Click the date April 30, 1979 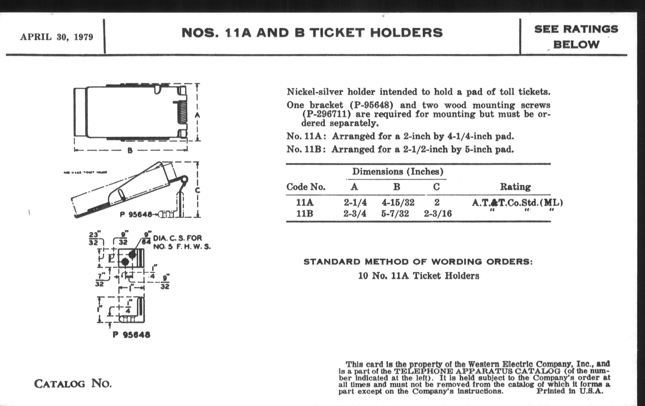coord(56,37)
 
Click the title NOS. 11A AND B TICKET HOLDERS coord(312,33)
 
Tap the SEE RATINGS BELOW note coord(576,37)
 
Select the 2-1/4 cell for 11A coord(355,202)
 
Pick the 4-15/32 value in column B coord(398,202)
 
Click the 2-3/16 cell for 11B coord(438,214)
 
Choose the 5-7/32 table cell coord(395,214)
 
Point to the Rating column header coord(515,187)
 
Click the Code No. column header coord(306,187)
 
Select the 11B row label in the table coord(305,214)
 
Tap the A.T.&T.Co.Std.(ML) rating coord(517,202)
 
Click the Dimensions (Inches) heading coord(398,171)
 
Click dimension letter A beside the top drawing coord(197,115)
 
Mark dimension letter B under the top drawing coord(130,151)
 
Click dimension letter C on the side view coord(197,190)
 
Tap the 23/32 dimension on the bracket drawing coord(93,238)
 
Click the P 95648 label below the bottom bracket coord(131,335)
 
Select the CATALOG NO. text coord(73,384)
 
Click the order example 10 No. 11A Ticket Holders coord(419,276)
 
